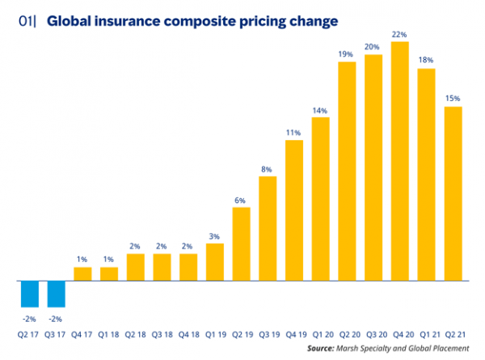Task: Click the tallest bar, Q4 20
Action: point(399,161)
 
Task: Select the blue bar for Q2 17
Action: point(31,294)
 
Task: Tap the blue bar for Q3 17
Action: point(57,294)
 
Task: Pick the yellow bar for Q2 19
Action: point(241,244)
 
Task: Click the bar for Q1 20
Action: point(320,199)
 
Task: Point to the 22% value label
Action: point(399,33)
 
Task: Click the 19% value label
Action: point(347,53)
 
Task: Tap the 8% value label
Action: point(268,168)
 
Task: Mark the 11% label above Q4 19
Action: point(293,132)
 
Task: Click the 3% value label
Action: point(214,235)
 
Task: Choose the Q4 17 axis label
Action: point(83,332)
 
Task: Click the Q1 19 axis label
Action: point(214,332)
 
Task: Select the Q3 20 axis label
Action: point(373,332)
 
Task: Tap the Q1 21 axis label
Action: point(426,332)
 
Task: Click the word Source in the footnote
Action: point(323,347)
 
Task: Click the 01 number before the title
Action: point(26,20)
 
